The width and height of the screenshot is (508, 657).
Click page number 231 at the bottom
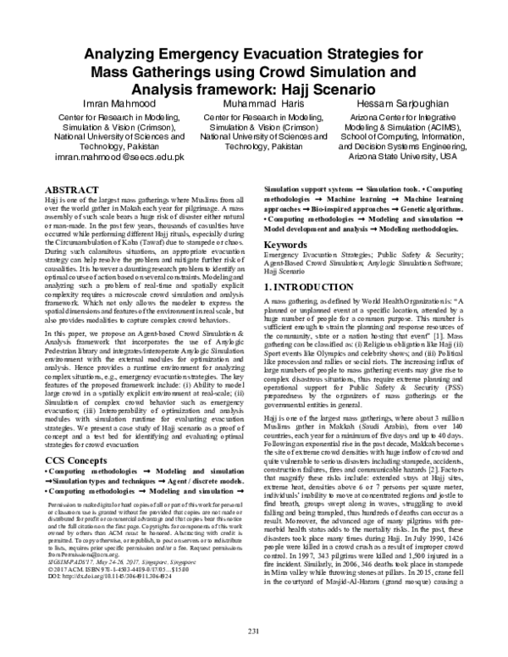(x=253, y=631)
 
